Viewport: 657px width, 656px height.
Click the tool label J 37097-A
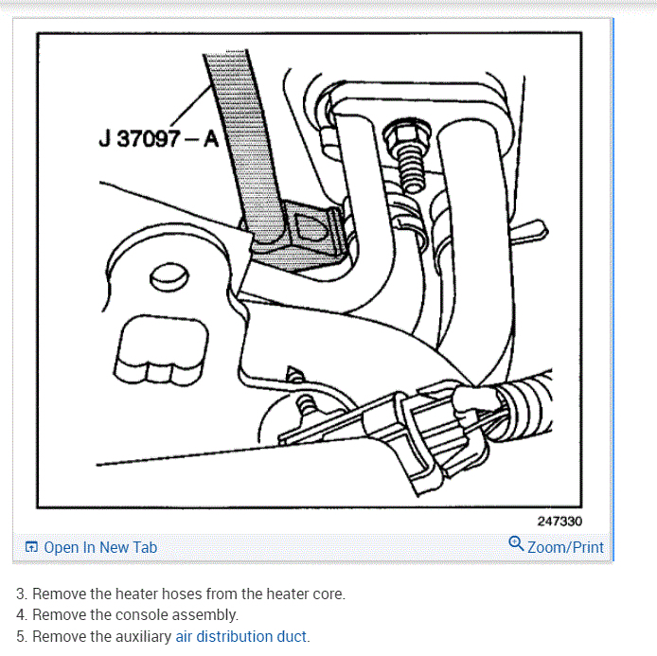click(x=159, y=138)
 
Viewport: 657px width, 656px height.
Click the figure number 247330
click(x=559, y=522)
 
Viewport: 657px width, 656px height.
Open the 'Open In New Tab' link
click(x=100, y=547)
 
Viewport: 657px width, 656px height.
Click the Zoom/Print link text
click(x=565, y=547)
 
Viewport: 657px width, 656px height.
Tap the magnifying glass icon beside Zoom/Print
click(x=516, y=543)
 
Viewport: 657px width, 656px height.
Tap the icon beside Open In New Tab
click(x=31, y=547)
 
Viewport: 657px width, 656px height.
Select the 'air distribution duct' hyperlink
click(x=240, y=637)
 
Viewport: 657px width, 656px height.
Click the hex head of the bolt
click(x=407, y=134)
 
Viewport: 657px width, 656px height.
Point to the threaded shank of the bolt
click(x=411, y=171)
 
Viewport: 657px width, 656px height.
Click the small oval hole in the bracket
click(x=169, y=277)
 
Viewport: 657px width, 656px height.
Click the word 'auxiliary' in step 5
click(x=143, y=637)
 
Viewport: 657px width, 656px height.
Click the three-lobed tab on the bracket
click(x=161, y=351)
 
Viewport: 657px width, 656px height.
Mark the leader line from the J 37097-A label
click(x=190, y=105)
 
